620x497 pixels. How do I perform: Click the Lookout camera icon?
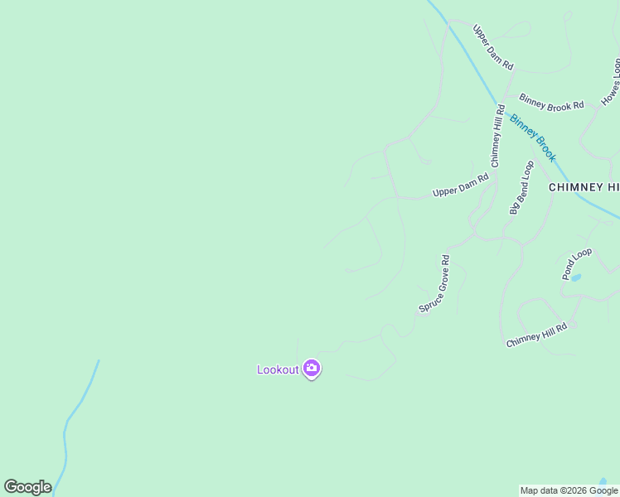(x=312, y=369)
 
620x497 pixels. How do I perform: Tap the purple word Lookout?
(x=278, y=369)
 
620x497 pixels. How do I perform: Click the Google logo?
(x=27, y=487)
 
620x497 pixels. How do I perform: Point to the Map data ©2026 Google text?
(x=569, y=490)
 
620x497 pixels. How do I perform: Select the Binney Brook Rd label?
(x=551, y=104)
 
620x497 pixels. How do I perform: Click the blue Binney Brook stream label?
(x=532, y=138)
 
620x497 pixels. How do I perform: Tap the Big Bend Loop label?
(x=521, y=188)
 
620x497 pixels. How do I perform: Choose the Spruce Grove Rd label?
(x=434, y=284)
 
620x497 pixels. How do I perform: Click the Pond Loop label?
(x=577, y=263)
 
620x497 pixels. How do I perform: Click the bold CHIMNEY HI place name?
(x=584, y=188)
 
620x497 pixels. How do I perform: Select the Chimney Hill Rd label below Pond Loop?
(x=536, y=335)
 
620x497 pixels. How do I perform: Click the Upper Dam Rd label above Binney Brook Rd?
(x=493, y=47)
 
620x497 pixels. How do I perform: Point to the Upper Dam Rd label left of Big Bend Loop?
(x=461, y=186)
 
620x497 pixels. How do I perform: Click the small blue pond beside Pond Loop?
(x=576, y=277)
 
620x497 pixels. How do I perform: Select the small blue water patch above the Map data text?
(x=603, y=480)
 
